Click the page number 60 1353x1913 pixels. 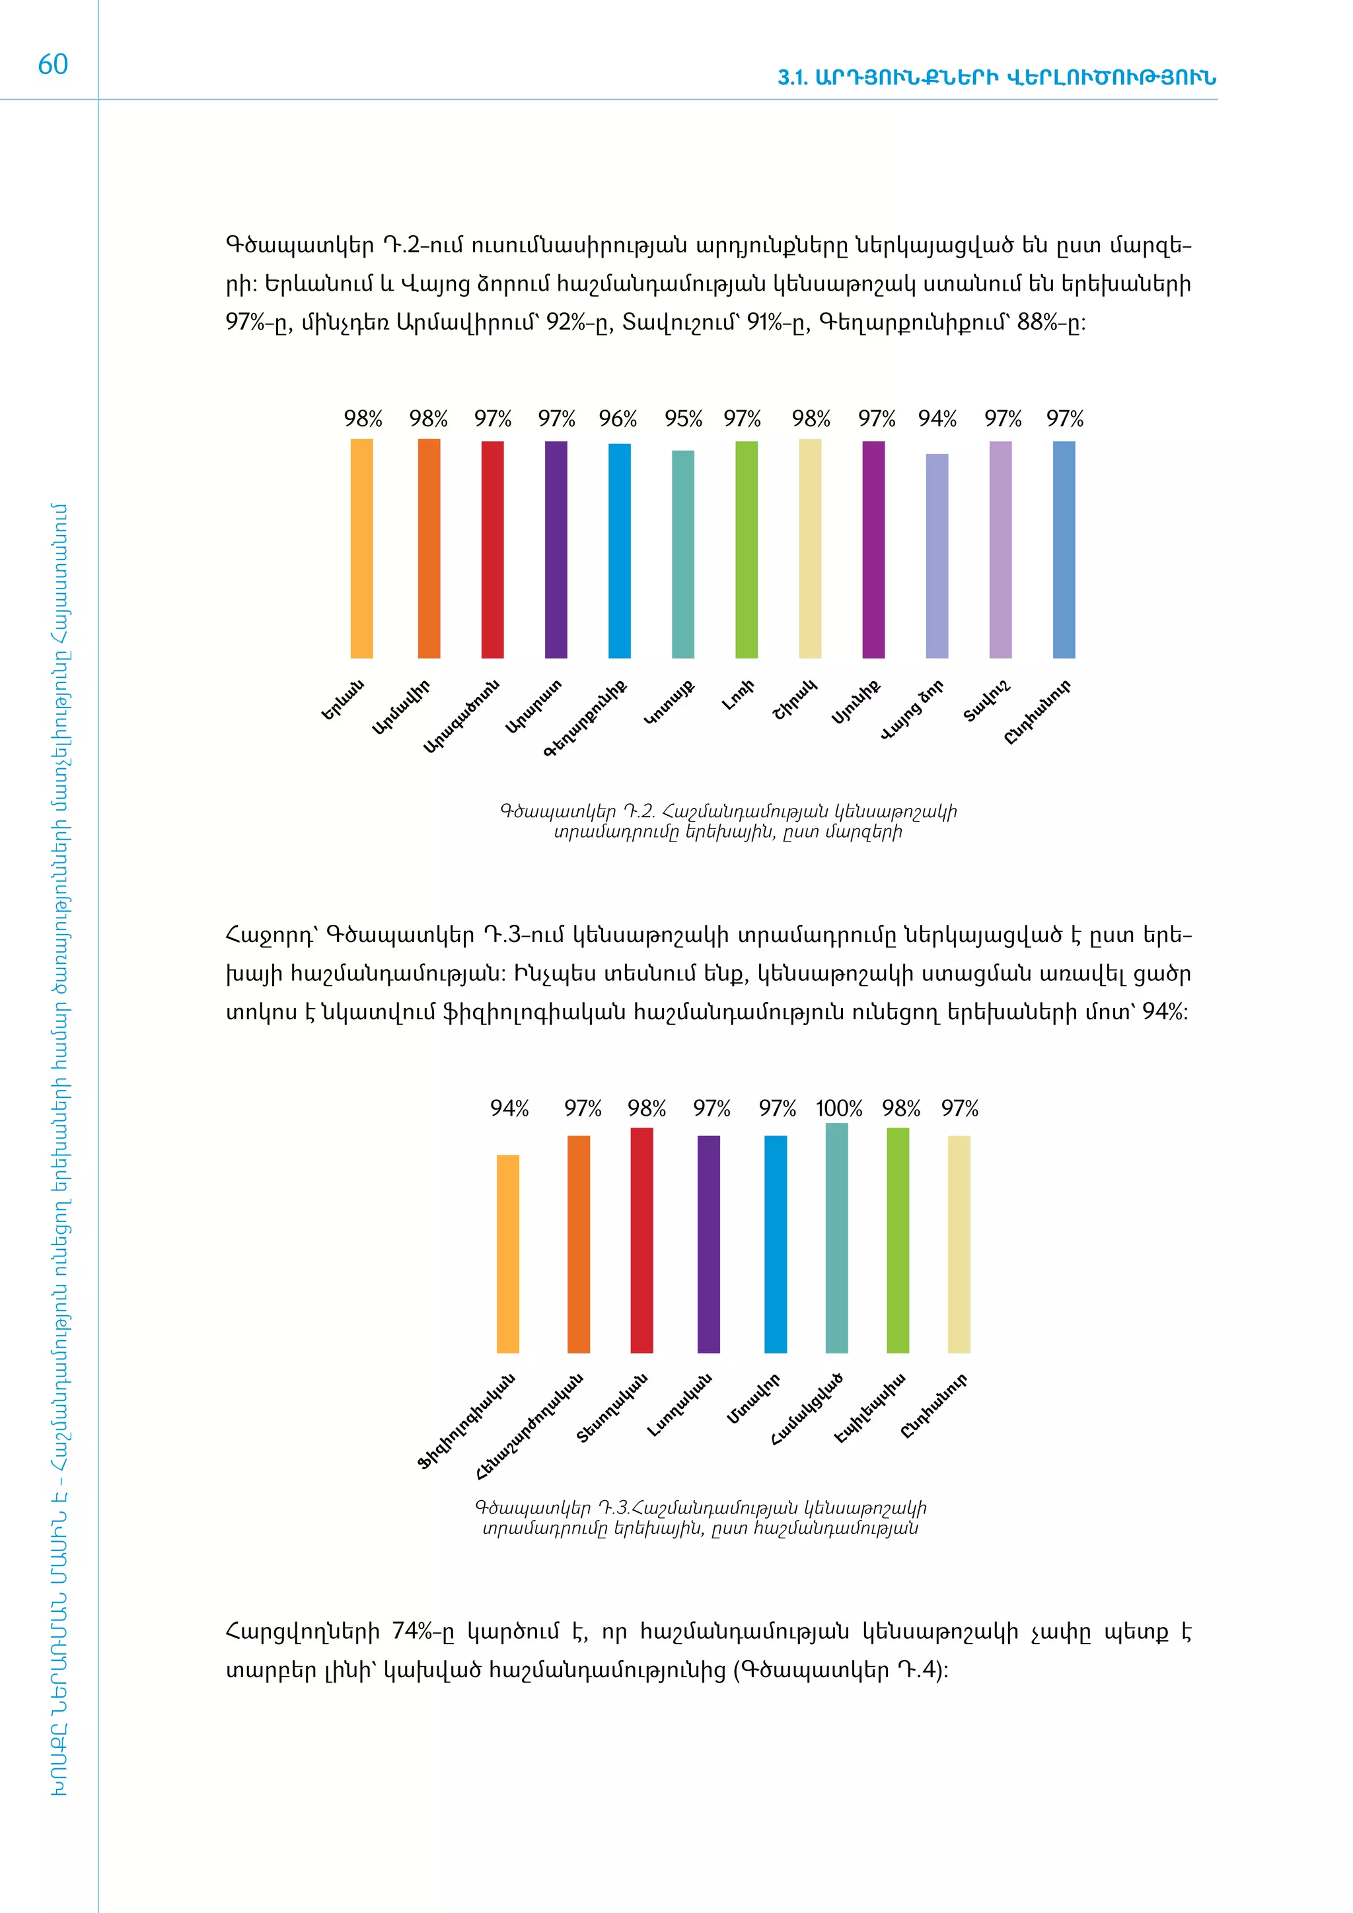52,64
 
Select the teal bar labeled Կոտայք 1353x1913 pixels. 682,554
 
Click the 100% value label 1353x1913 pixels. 838,1108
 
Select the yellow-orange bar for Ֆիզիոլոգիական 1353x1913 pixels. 507,1254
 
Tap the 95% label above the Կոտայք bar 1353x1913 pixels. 683,418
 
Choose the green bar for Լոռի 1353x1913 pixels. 747,550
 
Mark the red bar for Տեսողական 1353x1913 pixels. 641,1241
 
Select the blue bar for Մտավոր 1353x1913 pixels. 775,1244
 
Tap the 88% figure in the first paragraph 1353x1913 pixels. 1037,322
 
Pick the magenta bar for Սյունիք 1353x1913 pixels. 873,550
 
